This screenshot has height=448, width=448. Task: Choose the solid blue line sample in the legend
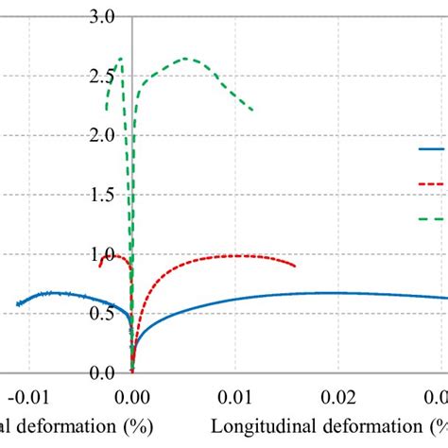[x=432, y=149]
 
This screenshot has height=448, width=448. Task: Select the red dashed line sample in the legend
[x=432, y=183]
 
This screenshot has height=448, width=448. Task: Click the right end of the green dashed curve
[x=252, y=111]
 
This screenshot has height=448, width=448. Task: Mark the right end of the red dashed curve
[x=295, y=267]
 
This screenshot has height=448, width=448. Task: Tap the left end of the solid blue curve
[x=18, y=304]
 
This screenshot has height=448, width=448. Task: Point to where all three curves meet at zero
[x=131, y=371]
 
